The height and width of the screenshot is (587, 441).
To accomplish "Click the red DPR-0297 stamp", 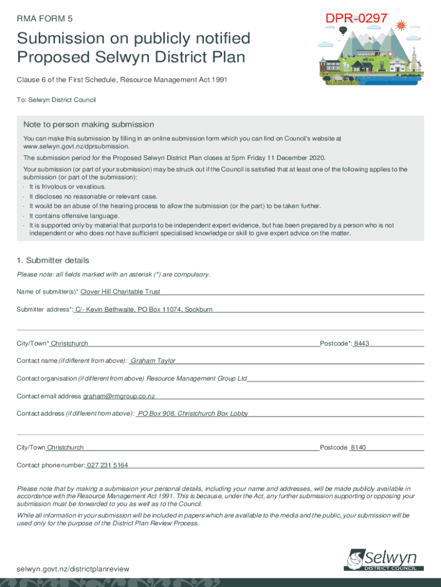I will pos(356,19).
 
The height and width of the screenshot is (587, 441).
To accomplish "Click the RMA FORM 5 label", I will pos(45,18).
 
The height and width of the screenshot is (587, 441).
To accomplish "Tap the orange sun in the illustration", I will pos(400,25).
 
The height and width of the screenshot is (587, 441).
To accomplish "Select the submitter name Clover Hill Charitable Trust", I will pos(120,292).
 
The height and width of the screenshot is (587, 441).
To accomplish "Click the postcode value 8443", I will pos(361,343).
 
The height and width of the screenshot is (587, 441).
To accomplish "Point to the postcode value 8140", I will pos(358,447).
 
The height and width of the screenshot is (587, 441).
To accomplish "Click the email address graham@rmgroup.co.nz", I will pos(119,396).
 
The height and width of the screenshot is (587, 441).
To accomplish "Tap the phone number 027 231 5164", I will pos(107,465).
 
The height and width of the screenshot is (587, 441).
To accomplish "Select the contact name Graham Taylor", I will pos(153,361).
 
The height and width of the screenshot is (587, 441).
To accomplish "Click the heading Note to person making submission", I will pos(89,124).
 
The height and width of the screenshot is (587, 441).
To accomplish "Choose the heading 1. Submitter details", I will pos(53,260).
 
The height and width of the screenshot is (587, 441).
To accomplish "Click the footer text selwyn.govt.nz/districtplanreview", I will pos(73,569).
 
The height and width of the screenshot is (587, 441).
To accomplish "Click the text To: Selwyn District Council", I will pos(56,100).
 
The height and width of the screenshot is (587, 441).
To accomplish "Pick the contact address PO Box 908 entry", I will pos(193,413).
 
